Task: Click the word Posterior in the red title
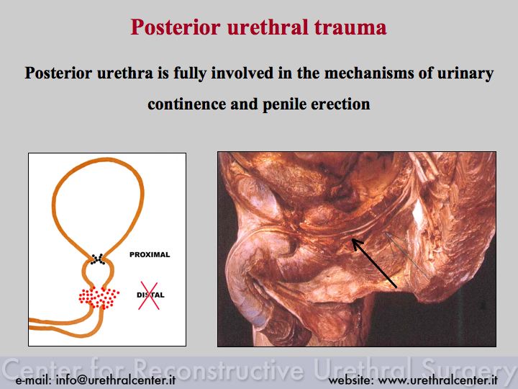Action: (176, 27)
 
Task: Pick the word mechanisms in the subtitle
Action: (368, 73)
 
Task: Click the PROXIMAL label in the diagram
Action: (150, 255)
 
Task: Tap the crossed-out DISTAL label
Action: (150, 295)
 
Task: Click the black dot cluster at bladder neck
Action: (98, 259)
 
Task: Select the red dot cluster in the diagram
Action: (99, 298)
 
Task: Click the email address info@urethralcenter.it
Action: (116, 380)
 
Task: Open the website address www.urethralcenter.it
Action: (437, 380)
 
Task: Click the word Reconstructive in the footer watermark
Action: (219, 369)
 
